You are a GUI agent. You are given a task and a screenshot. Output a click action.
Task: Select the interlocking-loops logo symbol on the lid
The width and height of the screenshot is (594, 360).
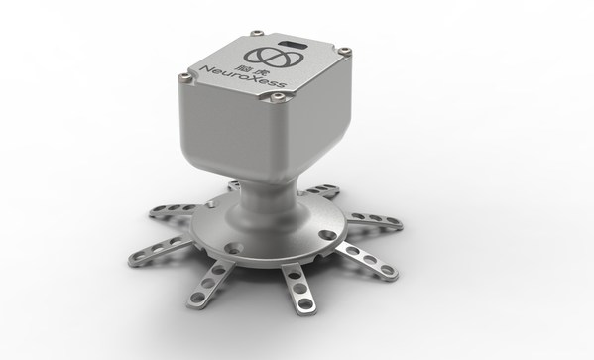274,57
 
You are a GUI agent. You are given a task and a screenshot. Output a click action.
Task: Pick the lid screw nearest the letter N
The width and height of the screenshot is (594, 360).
185,77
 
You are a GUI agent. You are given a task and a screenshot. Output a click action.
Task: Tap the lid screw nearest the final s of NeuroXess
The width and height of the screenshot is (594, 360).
278,98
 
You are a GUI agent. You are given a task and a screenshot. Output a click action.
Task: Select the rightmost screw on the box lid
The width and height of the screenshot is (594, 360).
344,51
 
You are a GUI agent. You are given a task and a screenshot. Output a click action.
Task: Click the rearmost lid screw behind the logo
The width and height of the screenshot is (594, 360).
258,33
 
